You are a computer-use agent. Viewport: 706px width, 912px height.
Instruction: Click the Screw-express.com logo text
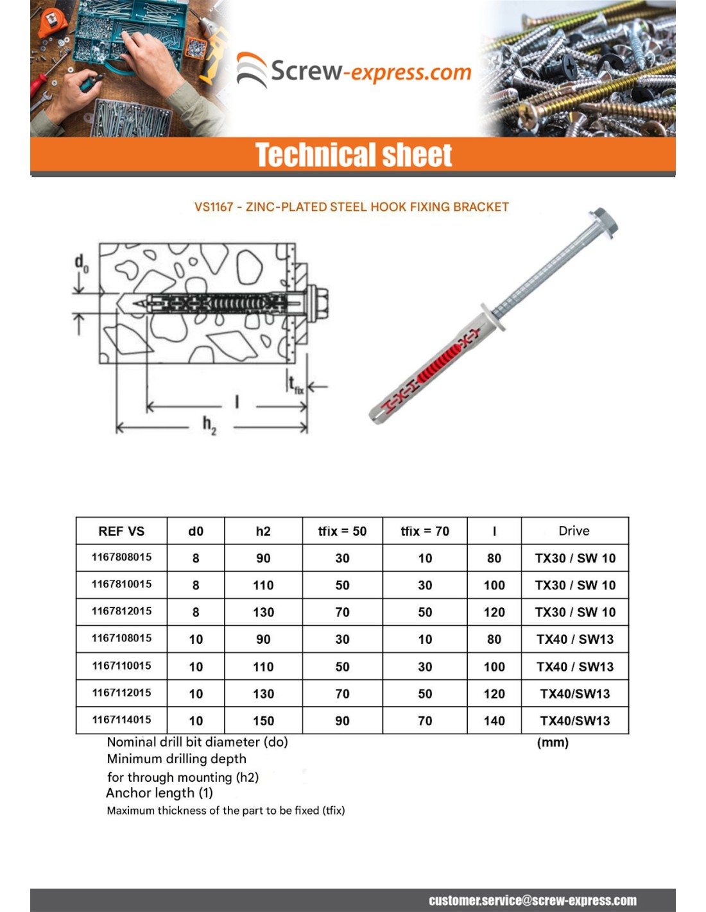coord(370,71)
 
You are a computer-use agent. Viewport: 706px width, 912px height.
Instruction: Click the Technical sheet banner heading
coord(354,155)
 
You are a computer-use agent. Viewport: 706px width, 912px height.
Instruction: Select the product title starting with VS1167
coord(352,207)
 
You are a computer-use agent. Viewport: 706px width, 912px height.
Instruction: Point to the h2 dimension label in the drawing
coord(209,424)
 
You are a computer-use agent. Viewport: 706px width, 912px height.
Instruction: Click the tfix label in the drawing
coord(295,385)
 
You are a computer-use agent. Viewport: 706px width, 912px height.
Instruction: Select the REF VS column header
coord(121,531)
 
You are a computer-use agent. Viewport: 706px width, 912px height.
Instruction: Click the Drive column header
coord(574,531)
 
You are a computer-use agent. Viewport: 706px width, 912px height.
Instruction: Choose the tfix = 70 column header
coord(425,531)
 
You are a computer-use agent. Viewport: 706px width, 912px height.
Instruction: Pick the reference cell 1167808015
coord(121,557)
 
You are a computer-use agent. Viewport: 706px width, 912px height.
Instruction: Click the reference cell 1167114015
coord(121,720)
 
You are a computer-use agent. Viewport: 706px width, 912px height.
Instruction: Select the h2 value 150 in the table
coord(263,721)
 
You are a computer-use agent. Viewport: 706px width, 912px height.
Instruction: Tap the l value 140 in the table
coord(494,721)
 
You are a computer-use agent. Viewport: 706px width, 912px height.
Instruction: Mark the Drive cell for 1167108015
coord(575,639)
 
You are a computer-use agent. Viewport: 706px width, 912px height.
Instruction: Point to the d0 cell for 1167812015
coord(196,612)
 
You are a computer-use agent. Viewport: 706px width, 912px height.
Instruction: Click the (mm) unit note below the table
coord(553,743)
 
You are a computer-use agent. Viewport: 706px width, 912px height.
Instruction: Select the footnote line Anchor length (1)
coord(159,793)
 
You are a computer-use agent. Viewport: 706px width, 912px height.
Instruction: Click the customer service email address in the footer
coord(533,900)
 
